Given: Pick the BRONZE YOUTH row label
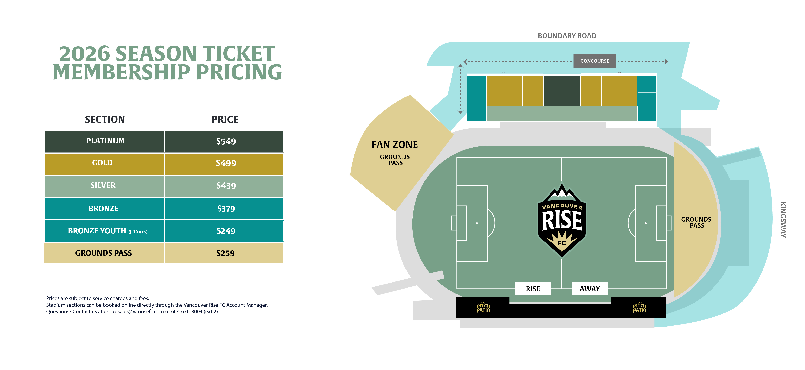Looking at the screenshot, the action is (107, 231).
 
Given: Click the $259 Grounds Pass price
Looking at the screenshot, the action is (225, 253).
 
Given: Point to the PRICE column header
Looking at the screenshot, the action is (225, 119).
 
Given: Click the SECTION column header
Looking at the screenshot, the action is (105, 119).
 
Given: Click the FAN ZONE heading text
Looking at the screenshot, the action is (395, 145).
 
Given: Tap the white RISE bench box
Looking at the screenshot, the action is (533, 289).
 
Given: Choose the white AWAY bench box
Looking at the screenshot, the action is (590, 289).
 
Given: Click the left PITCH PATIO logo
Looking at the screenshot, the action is (483, 308).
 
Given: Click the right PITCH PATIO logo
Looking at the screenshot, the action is (640, 308).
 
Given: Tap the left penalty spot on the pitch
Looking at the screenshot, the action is (477, 223).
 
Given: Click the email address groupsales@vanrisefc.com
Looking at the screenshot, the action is (134, 312).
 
